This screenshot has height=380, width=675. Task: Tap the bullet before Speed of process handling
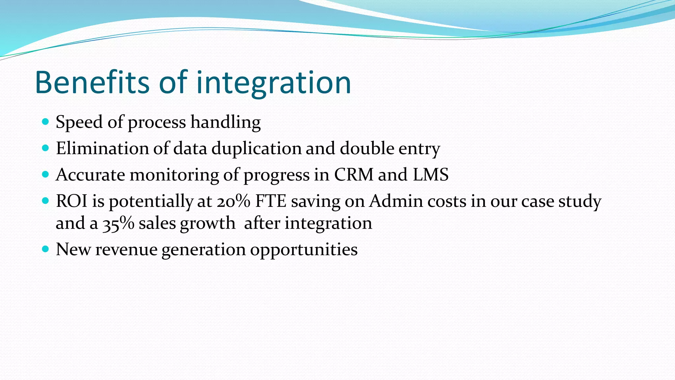(x=45, y=122)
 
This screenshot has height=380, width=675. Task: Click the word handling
(x=225, y=122)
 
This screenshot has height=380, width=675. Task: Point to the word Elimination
(x=102, y=148)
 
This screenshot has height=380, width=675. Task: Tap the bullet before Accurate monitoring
(x=45, y=174)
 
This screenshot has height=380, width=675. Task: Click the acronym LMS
(x=430, y=174)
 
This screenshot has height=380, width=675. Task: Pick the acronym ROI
(x=72, y=201)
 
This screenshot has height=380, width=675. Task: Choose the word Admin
(x=396, y=201)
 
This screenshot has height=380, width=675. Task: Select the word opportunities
(x=304, y=250)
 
